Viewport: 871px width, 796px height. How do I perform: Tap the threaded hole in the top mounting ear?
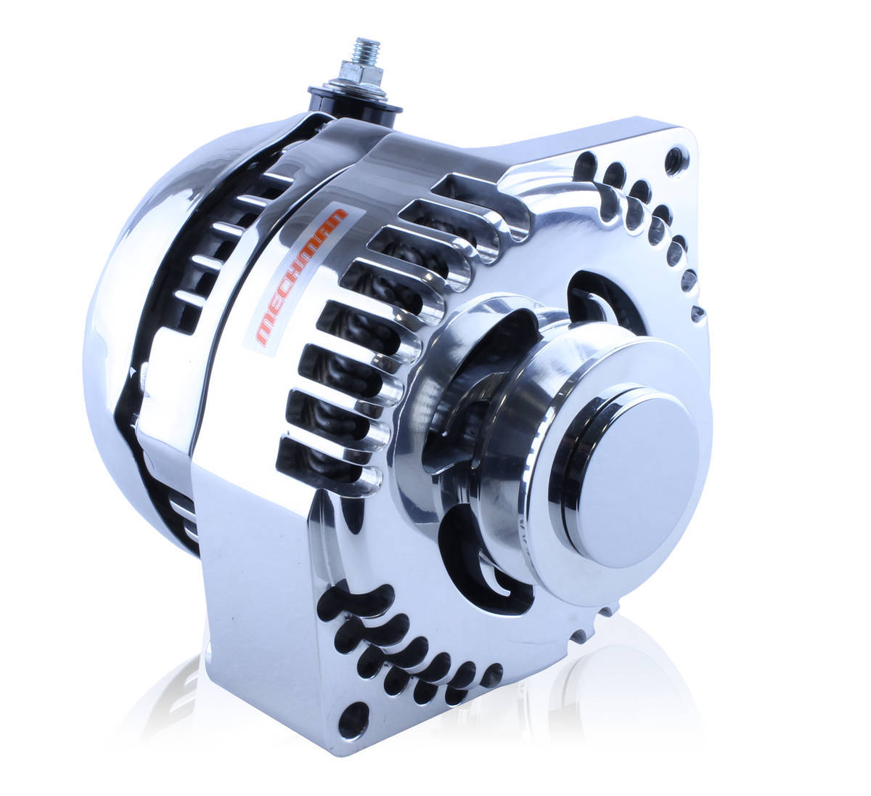pyautogui.click(x=676, y=156)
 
